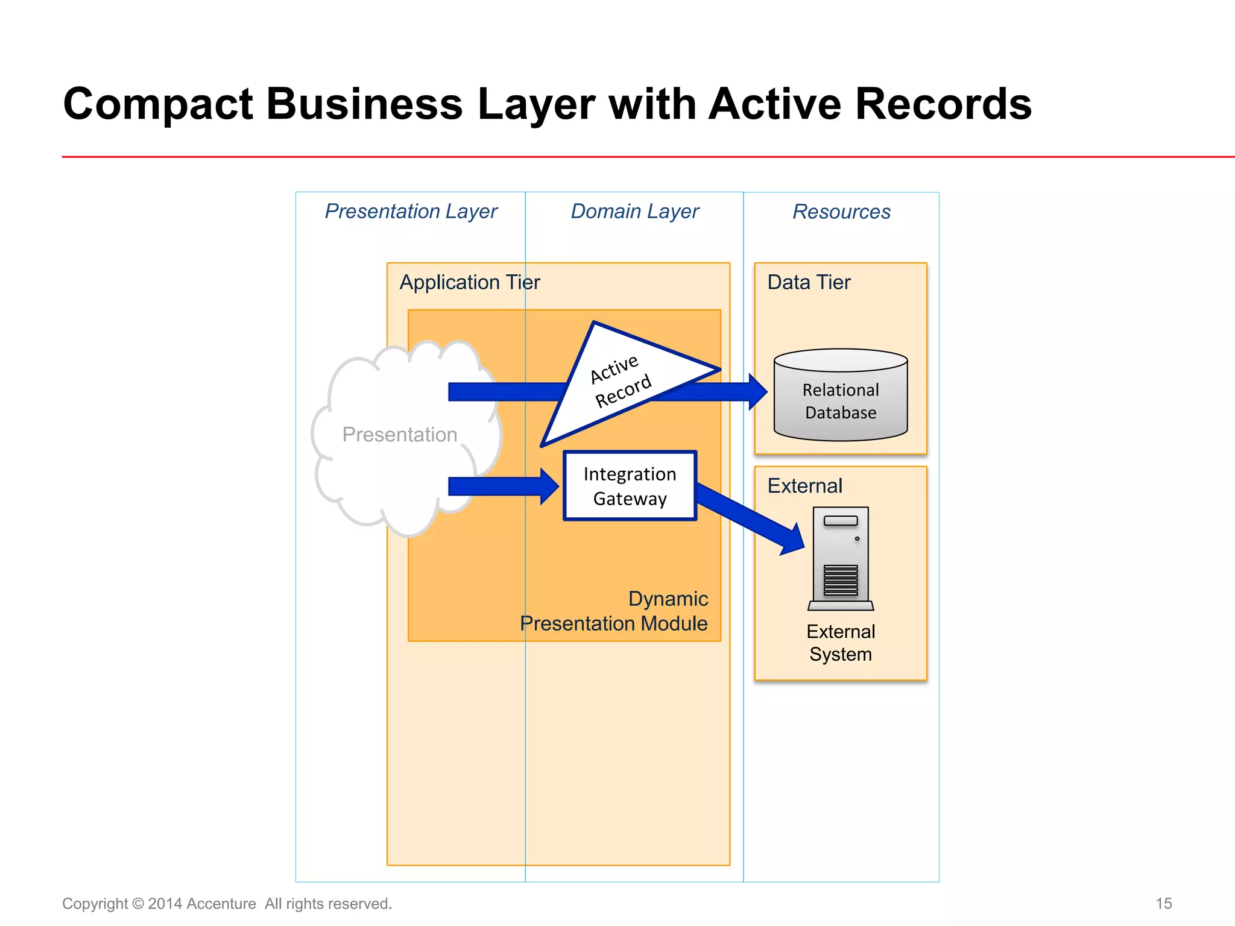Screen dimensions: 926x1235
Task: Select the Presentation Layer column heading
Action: click(411, 212)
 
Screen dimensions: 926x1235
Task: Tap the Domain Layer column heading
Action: click(634, 212)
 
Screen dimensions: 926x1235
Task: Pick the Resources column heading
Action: click(841, 212)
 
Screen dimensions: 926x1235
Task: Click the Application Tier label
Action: click(469, 282)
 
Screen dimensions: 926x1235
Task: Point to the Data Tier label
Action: click(809, 282)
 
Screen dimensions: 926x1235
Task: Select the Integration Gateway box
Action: click(630, 486)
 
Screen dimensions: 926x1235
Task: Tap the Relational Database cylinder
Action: click(841, 400)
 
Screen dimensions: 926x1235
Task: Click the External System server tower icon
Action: click(841, 558)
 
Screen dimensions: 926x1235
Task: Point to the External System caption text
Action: click(841, 643)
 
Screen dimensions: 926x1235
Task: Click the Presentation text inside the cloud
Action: click(399, 435)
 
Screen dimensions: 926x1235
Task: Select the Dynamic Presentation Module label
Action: click(614, 611)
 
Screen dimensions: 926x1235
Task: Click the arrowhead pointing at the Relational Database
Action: click(757, 392)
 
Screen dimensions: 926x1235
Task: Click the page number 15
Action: click(1163, 903)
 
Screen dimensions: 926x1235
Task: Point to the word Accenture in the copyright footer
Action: click(221, 904)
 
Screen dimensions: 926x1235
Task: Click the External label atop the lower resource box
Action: click(804, 486)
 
